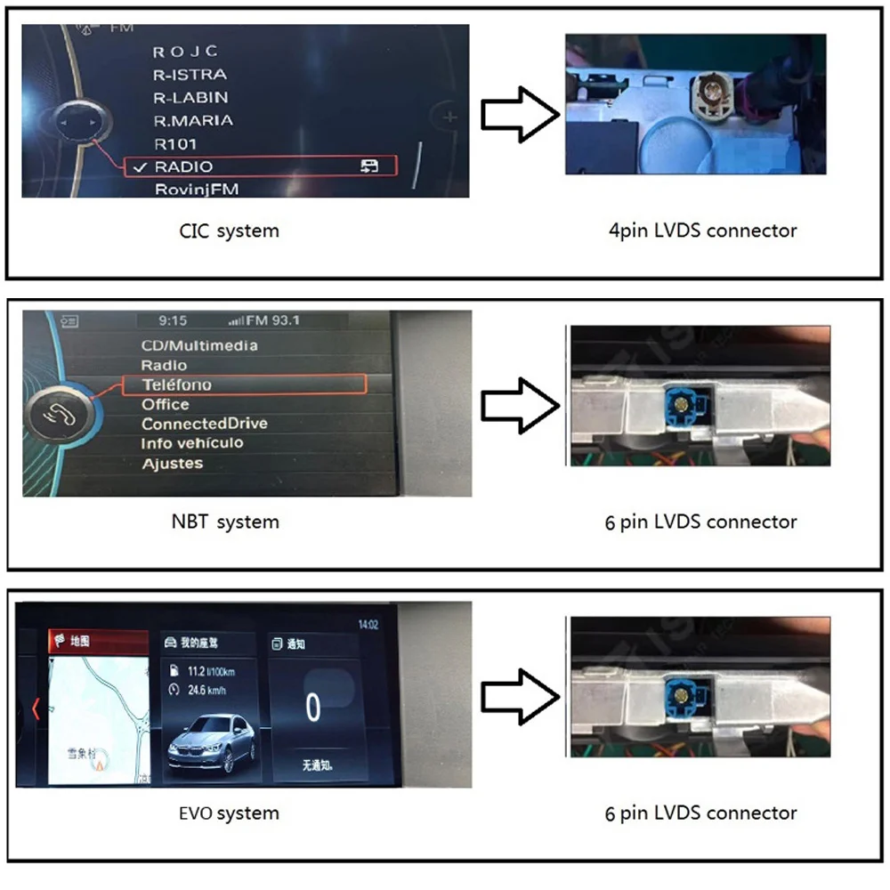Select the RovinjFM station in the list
click(x=197, y=189)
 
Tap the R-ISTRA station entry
click(x=190, y=75)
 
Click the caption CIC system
click(x=229, y=231)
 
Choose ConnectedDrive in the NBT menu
click(x=204, y=424)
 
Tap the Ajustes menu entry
click(x=172, y=463)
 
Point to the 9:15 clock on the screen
click(x=173, y=320)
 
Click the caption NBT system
click(x=224, y=522)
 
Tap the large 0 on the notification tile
click(x=312, y=708)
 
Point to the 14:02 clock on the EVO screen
click(x=368, y=625)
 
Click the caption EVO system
click(x=229, y=813)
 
